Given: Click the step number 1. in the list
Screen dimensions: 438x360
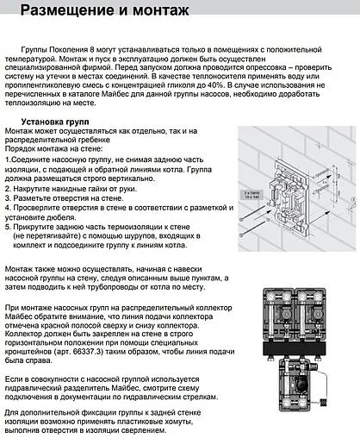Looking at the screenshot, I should [x=9, y=160].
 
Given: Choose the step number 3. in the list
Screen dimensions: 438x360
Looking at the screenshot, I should [x=9, y=197].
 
